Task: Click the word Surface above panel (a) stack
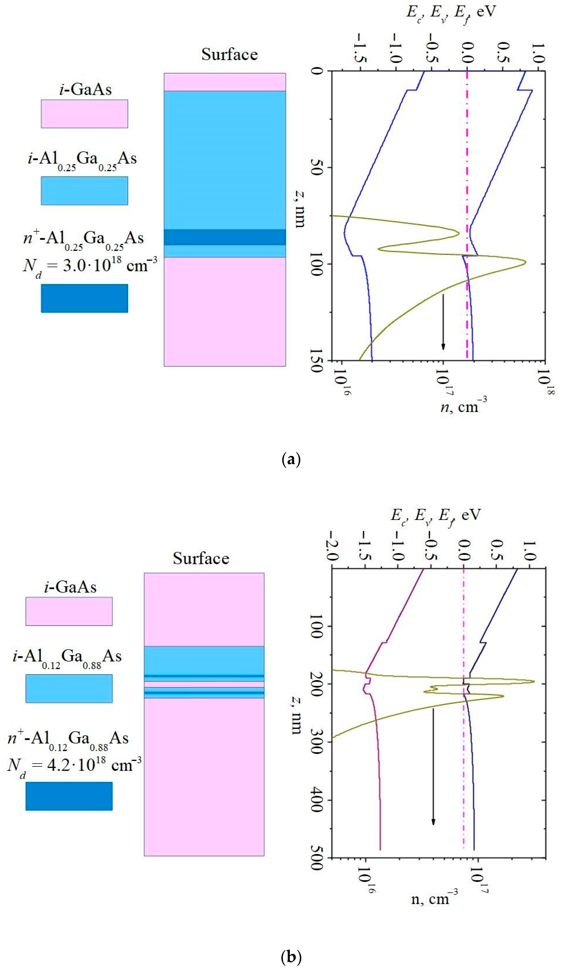229,54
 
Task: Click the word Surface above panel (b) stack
201,558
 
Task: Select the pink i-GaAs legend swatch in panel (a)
84,114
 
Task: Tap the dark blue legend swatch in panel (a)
84,298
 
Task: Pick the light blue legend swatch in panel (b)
69,689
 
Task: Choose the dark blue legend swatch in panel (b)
69,796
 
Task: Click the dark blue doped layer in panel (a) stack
225,237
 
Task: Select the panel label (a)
291,460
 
